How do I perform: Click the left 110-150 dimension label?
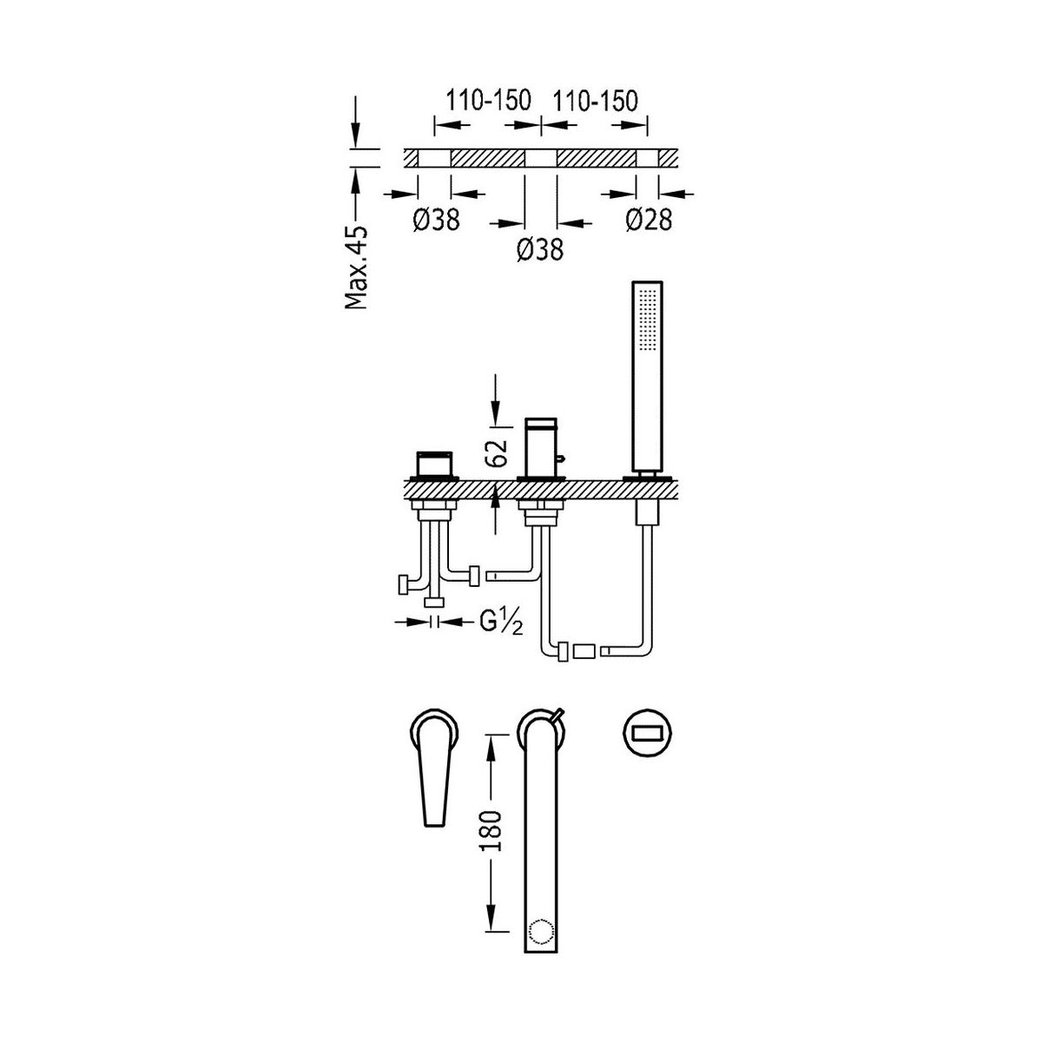(488, 101)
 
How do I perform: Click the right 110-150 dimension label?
(594, 101)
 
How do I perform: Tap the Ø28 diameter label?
(649, 220)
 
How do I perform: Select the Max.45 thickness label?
(356, 267)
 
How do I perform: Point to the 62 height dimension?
(496, 452)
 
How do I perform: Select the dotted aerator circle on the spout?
(541, 933)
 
